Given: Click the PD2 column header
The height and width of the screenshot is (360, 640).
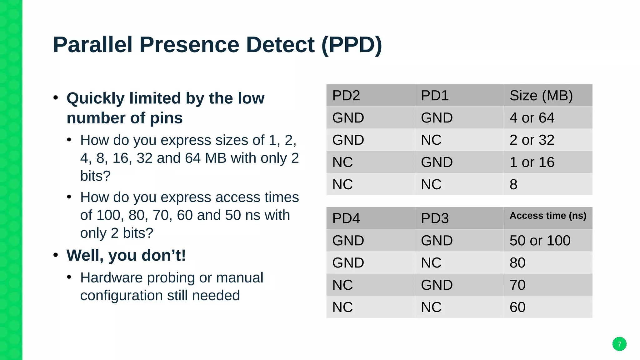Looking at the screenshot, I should coord(346,96).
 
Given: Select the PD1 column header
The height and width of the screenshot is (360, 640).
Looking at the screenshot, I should coord(435,96).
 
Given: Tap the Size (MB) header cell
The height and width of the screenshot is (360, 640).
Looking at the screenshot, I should coord(541,96).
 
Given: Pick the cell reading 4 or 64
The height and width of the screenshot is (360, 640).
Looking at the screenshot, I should coord(532,118).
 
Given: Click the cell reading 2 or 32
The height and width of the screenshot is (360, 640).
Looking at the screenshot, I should coord(532,140).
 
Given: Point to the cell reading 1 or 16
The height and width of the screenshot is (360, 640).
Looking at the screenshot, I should coord(532,162).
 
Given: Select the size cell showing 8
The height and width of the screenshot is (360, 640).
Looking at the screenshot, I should coord(513,184).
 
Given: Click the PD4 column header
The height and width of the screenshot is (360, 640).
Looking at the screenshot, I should coord(346,218).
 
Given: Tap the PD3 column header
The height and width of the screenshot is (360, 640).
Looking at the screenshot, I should coord(435,218).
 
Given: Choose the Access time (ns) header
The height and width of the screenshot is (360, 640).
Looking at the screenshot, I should coord(548,216).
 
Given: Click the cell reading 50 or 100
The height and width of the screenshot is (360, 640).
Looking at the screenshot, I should coord(540,241).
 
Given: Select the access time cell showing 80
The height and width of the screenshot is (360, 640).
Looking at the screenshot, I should coord(517,263).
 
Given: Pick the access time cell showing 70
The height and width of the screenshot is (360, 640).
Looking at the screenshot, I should coord(517,285).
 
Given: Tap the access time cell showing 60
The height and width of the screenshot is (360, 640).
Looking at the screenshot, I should coord(517,307).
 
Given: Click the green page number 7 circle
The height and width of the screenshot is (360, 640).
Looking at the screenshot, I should coord(619,344).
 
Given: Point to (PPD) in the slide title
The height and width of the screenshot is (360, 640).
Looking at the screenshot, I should coord(352,45).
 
